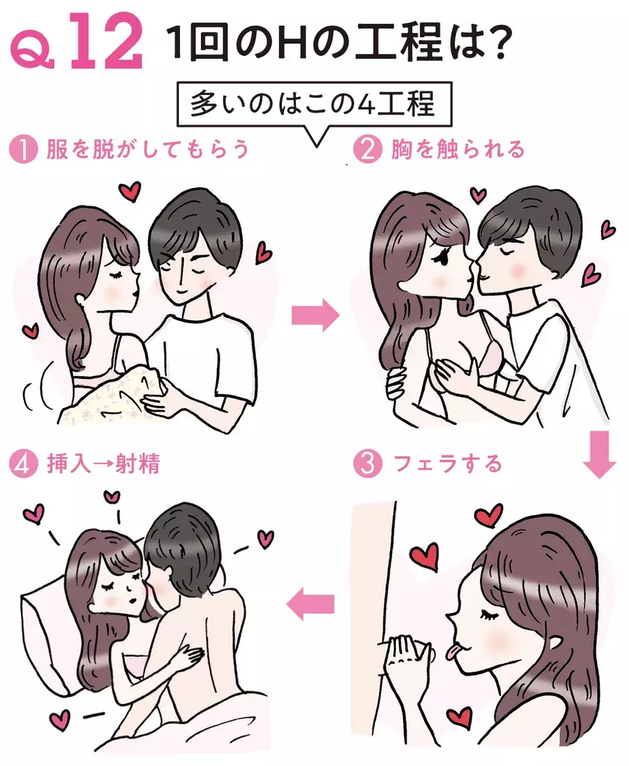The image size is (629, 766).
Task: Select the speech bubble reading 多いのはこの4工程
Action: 313,109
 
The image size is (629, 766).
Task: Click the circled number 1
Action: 24,150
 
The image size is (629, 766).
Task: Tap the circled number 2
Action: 368,150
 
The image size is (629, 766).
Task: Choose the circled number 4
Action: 24,463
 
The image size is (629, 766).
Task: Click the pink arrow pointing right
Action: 316,315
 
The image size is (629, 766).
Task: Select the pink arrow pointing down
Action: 599,454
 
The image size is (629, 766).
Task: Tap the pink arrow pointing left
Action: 310,604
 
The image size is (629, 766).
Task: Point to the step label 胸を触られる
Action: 458,150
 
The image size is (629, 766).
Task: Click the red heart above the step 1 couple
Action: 130,191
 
